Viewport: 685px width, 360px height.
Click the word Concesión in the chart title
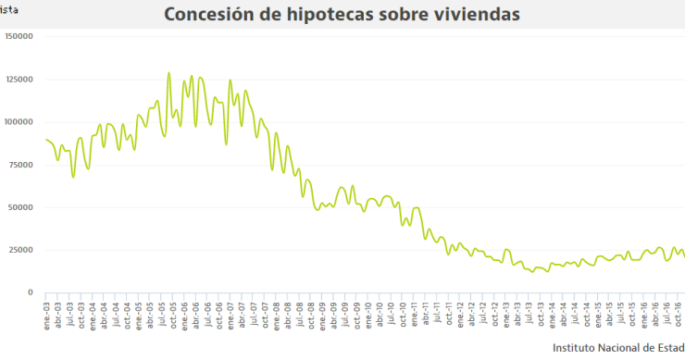pos(207,15)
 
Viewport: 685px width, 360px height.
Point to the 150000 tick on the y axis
pos(19,36)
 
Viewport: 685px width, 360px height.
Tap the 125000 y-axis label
pos(19,80)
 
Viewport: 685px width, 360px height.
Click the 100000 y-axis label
pos(19,122)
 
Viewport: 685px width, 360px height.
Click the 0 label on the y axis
pos(31,292)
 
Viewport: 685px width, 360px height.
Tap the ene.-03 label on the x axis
pos(47,311)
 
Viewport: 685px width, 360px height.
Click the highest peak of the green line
pos(168,73)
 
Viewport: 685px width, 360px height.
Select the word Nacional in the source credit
pos(629,347)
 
